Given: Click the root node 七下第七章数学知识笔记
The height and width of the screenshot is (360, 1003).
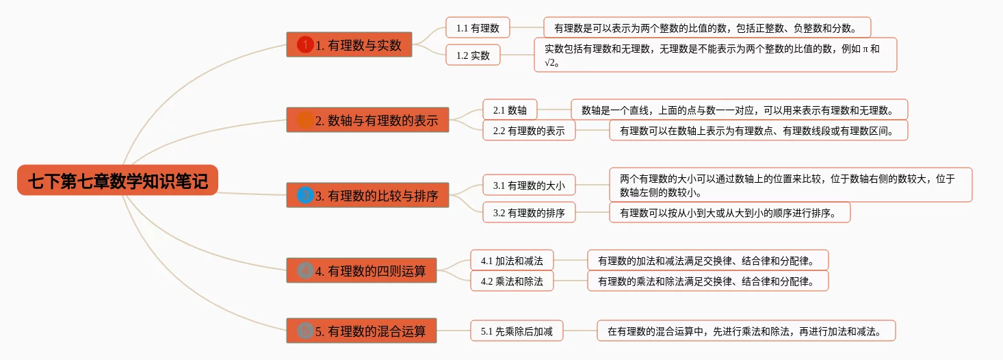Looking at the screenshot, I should (x=118, y=181).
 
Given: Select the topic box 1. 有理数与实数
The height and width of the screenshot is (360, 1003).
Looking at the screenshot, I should (x=349, y=45).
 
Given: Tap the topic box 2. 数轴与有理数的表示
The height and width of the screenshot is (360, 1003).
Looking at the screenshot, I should (x=367, y=120).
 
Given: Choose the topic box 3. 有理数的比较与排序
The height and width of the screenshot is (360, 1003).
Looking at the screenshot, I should (x=367, y=196).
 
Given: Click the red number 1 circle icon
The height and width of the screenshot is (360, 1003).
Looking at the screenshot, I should (x=305, y=45).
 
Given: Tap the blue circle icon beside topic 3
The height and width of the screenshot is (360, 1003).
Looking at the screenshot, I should (x=305, y=196).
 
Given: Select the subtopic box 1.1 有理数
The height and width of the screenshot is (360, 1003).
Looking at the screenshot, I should (x=478, y=28).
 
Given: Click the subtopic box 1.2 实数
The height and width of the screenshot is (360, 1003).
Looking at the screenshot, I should (x=473, y=55).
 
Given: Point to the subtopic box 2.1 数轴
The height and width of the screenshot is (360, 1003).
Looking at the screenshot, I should (x=510, y=110).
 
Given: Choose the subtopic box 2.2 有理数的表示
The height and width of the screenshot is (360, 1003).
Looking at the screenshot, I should (x=529, y=131).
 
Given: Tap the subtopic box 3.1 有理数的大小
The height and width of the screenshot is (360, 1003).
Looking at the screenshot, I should (x=529, y=185).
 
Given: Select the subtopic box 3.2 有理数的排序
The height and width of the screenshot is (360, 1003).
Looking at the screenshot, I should (x=529, y=213).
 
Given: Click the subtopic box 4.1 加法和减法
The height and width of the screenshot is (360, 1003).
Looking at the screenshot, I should (x=512, y=261).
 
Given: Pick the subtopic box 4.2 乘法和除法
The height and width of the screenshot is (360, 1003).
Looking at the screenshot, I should (x=512, y=281).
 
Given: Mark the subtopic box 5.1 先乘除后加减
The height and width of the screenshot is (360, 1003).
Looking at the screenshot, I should (x=517, y=331).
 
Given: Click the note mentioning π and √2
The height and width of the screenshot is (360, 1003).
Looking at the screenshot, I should (x=715, y=55).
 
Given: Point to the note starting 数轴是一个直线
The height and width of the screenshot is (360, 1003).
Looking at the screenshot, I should (x=739, y=110).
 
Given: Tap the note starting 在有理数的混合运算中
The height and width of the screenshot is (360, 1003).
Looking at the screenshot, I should (x=746, y=331).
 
